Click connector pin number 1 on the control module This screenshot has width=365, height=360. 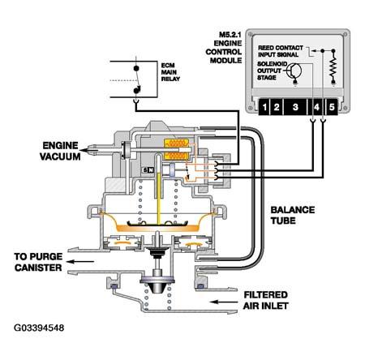[264, 107]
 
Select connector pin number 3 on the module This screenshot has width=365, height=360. [295, 107]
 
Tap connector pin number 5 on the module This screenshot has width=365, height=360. [332, 107]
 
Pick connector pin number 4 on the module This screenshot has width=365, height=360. [316, 107]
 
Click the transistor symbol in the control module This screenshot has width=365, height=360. [294, 71]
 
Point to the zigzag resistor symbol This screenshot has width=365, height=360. [333, 67]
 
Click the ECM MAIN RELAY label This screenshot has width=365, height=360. [170, 72]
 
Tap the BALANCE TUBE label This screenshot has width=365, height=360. [293, 216]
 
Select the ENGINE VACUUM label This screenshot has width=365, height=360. [60, 151]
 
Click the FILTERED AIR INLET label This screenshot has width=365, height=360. [265, 300]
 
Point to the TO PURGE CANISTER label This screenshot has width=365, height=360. [38, 262]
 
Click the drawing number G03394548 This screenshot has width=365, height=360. [39, 328]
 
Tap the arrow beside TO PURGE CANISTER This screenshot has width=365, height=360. [80, 261]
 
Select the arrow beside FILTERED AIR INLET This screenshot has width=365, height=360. [224, 302]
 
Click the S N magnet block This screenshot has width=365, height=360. [148, 170]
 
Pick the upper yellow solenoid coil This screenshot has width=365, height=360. [176, 143]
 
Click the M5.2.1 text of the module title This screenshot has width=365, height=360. [230, 35]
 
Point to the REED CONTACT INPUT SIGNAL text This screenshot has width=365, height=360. [281, 51]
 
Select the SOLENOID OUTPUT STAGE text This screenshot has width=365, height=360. [272, 71]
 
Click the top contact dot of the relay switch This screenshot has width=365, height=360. [136, 68]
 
